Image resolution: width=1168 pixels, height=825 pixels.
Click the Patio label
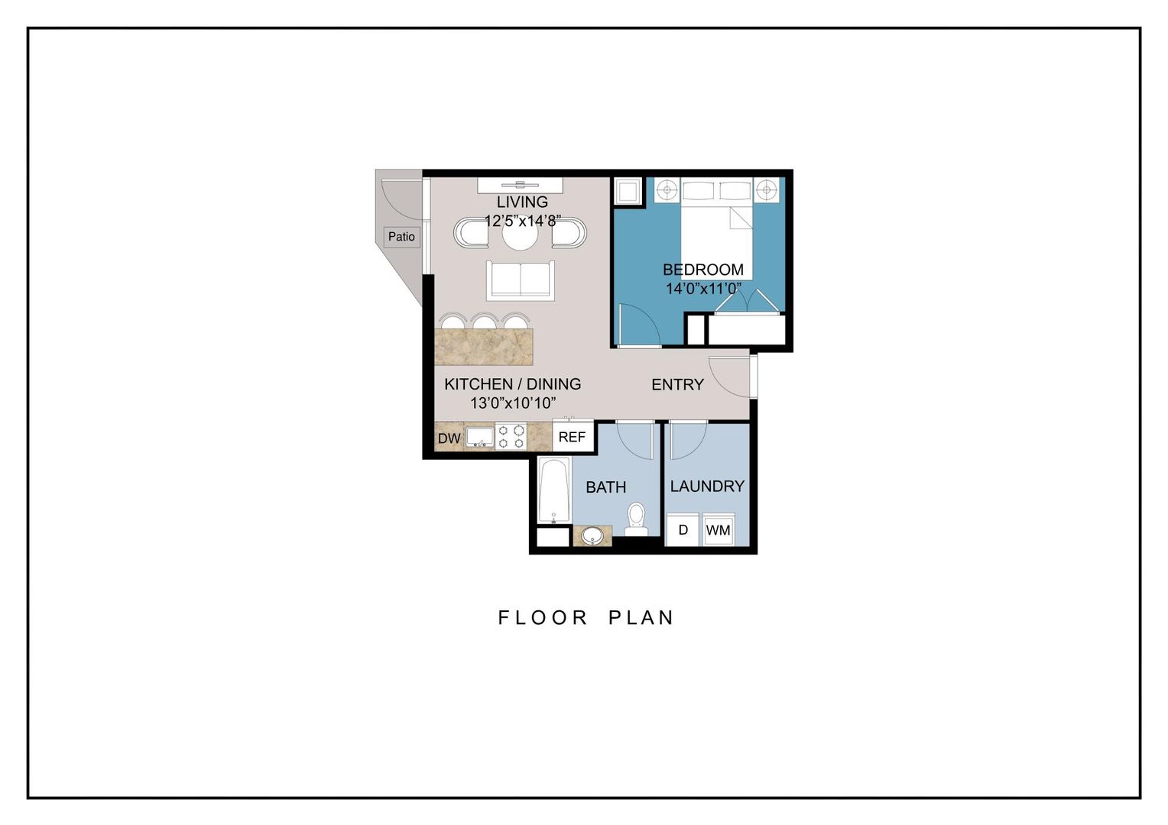[401, 237]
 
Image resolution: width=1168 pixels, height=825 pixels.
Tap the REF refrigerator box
[572, 437]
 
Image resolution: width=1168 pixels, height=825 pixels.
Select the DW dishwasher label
[449, 438]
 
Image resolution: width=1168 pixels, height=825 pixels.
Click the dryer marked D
[683, 530]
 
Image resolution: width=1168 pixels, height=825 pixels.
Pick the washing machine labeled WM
[718, 530]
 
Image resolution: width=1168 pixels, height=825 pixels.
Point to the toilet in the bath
[636, 519]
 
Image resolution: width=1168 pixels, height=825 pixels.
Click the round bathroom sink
[592, 536]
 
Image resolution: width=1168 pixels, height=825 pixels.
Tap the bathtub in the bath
[553, 490]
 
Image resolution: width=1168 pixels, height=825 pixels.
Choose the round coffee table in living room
[520, 235]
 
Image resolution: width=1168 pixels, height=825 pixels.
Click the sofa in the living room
[521, 280]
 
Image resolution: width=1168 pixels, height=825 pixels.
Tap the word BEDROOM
[702, 270]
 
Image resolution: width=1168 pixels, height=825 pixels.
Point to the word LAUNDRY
[707, 487]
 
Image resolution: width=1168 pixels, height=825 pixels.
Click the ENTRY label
[677, 385]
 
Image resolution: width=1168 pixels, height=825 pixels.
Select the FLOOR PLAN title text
[586, 617]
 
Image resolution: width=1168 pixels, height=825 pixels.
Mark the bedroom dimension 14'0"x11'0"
[703, 289]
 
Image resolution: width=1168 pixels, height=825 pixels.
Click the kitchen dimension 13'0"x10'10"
[512, 403]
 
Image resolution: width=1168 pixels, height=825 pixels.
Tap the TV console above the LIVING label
[520, 185]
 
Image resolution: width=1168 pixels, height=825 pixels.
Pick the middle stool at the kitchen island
[484, 322]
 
